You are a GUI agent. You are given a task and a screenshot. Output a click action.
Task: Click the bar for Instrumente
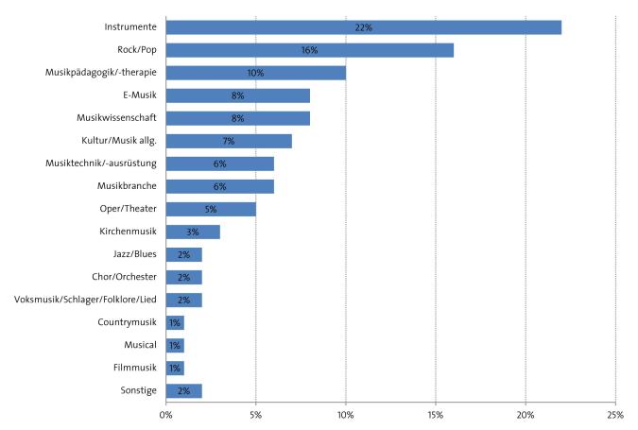pyautogui.click(x=364, y=27)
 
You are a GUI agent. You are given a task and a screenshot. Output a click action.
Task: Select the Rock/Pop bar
pyautogui.click(x=310, y=50)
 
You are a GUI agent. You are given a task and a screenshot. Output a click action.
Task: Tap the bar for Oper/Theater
pyautogui.click(x=211, y=209)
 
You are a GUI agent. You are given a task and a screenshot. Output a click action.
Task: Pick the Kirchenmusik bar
pyautogui.click(x=193, y=232)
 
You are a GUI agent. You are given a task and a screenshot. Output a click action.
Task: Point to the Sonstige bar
pyautogui.click(x=184, y=390)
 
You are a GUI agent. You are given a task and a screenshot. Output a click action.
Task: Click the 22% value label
pyautogui.click(x=364, y=27)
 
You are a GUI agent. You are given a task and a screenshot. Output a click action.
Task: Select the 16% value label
pyautogui.click(x=309, y=50)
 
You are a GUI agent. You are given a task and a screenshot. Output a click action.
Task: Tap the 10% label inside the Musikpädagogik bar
pyautogui.click(x=255, y=73)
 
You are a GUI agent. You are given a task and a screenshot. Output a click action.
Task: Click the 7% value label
pyautogui.click(x=229, y=141)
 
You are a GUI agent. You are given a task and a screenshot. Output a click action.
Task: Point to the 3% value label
pyautogui.click(x=193, y=232)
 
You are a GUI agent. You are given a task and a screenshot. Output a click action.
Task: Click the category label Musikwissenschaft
pyautogui.click(x=116, y=118)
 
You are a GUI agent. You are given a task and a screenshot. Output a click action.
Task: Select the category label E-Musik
pyautogui.click(x=139, y=95)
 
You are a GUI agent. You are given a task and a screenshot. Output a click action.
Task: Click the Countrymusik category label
pyautogui.click(x=127, y=322)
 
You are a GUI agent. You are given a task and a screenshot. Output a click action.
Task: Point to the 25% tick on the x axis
pyautogui.click(x=615, y=415)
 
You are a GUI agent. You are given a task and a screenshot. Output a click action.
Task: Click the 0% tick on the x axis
pyautogui.click(x=166, y=415)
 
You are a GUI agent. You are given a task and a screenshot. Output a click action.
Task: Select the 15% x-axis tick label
pyautogui.click(x=436, y=415)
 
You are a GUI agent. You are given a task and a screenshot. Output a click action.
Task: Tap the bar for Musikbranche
pyautogui.click(x=220, y=186)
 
